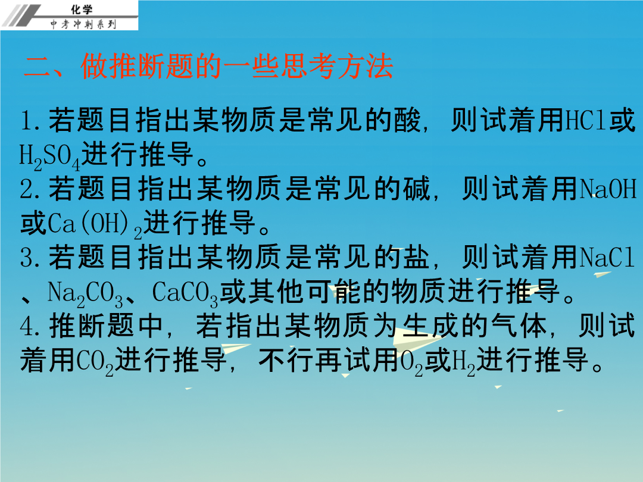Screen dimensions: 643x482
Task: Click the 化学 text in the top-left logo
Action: click(82, 9)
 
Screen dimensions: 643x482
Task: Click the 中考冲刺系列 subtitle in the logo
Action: click(83, 24)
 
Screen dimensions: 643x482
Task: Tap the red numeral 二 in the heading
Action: click(38, 67)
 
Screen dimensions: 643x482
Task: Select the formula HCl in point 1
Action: click(586, 120)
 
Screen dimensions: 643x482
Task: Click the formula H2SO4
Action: click(49, 157)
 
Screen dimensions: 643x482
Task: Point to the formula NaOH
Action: click(608, 189)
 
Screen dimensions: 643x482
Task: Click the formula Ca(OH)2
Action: click(95, 224)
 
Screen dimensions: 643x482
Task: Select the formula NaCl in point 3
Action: click(607, 258)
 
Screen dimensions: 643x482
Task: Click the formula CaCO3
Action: click(185, 293)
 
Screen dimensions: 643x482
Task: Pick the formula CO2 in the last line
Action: click(95, 362)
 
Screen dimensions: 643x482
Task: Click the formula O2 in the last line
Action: click(411, 362)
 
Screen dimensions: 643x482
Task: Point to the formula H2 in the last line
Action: click(463, 362)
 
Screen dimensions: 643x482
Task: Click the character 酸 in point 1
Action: click(407, 120)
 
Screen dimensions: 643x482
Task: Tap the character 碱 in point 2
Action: click(417, 189)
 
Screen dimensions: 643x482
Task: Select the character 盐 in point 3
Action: click(417, 258)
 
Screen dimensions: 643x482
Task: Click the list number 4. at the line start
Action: click(30, 327)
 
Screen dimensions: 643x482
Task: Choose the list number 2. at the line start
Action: click(30, 189)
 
